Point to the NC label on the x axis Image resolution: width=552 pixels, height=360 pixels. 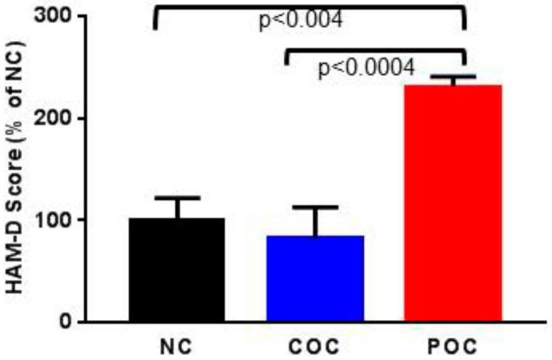[x=177, y=348]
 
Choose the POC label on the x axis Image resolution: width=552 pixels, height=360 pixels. [x=453, y=348]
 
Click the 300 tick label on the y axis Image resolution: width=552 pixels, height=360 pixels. [x=54, y=16]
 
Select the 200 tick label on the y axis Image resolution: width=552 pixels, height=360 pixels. [x=54, y=118]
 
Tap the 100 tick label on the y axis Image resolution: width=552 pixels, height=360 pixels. [x=54, y=220]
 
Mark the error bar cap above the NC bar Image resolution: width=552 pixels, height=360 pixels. [x=177, y=198]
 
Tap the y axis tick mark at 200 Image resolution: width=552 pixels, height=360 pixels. [x=80, y=118]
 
